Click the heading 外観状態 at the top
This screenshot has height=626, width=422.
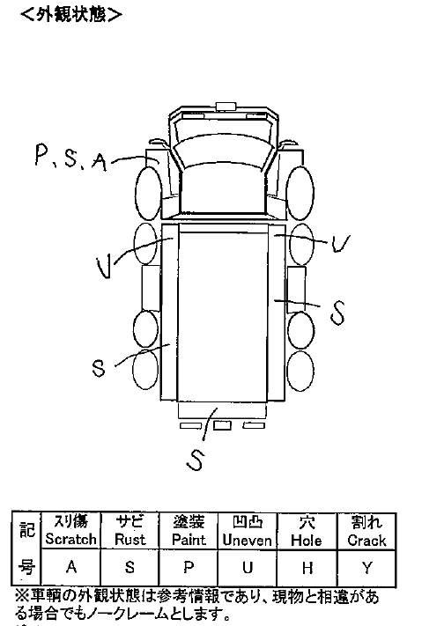click(71, 15)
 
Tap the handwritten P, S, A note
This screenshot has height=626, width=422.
click(71, 158)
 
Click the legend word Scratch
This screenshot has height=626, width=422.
click(70, 539)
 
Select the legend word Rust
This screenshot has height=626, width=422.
click(130, 539)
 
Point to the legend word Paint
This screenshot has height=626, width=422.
click(189, 540)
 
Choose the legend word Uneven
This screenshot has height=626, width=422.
click(247, 541)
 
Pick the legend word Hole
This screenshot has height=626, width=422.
click(307, 541)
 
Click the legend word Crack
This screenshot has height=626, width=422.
click(366, 541)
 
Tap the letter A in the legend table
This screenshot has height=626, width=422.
click(71, 566)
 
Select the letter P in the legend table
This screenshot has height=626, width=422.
click(189, 567)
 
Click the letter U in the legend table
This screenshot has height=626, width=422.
click(248, 567)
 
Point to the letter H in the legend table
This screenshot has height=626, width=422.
click(307, 568)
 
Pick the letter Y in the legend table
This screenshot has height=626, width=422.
click(367, 568)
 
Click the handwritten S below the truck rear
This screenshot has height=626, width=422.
click(196, 459)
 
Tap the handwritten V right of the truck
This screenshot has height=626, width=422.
click(340, 243)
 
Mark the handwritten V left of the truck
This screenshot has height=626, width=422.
click(105, 267)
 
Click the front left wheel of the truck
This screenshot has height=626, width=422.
click(149, 193)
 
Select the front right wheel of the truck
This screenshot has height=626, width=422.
click(300, 193)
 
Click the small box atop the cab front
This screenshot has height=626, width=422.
click(226, 106)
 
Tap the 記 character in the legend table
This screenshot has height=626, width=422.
click(26, 530)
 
